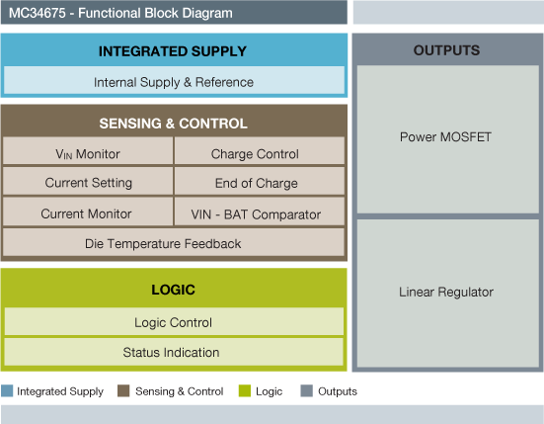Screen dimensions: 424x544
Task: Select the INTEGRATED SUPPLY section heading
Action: pyautogui.click(x=173, y=51)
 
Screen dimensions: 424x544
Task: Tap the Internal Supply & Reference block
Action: pyautogui.click(x=174, y=82)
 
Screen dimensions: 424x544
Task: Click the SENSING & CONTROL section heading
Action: pyautogui.click(x=173, y=124)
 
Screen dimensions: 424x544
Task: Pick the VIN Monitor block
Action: pyautogui.click(x=88, y=154)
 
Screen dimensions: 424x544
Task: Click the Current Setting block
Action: pyautogui.click(x=88, y=183)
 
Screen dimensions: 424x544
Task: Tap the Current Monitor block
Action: pyautogui.click(x=88, y=213)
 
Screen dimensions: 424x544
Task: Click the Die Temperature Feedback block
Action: pyautogui.click(x=173, y=243)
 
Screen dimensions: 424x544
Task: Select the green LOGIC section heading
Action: pyautogui.click(x=173, y=290)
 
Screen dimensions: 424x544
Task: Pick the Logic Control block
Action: pyautogui.click(x=173, y=322)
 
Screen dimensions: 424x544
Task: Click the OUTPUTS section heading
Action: pyautogui.click(x=446, y=50)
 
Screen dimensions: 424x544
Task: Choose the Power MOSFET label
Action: pyautogui.click(x=446, y=135)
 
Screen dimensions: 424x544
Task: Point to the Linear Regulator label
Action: pyautogui.click(x=446, y=292)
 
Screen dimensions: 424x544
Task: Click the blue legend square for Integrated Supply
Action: pyautogui.click(x=7, y=391)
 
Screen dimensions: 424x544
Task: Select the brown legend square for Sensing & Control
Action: pyautogui.click(x=123, y=391)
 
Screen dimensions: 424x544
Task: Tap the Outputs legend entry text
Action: pyautogui.click(x=338, y=391)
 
